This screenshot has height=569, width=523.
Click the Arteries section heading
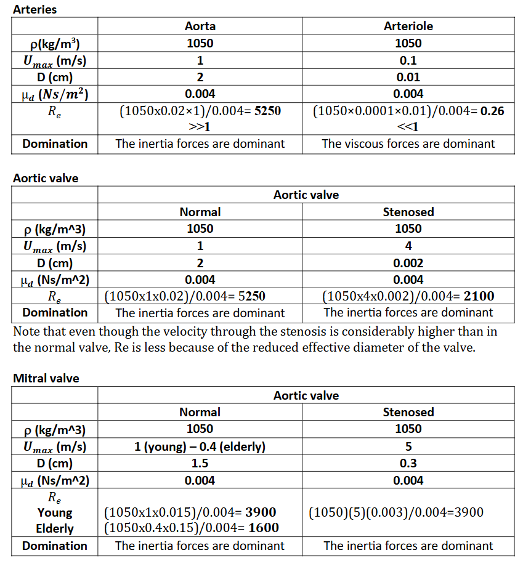pyautogui.click(x=34, y=10)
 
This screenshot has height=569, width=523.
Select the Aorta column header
pyautogui.click(x=200, y=26)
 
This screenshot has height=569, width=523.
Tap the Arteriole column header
pyautogui.click(x=408, y=26)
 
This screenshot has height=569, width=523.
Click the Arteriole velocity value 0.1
pyautogui.click(x=408, y=60)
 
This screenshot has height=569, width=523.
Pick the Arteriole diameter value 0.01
pyautogui.click(x=408, y=77)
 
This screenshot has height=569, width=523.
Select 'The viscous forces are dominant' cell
pyautogui.click(x=408, y=144)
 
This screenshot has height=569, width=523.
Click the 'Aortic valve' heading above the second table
pyautogui.click(x=46, y=178)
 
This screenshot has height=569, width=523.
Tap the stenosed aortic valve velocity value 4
pyautogui.click(x=408, y=246)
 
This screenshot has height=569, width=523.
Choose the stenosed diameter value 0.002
pyautogui.click(x=408, y=263)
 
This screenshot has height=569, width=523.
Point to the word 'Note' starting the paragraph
pyautogui.click(x=26, y=331)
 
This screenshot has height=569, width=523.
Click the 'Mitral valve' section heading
pyautogui.click(x=46, y=378)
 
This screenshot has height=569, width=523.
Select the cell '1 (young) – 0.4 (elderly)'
pyautogui.click(x=200, y=446)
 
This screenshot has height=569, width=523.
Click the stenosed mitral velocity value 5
pyautogui.click(x=408, y=446)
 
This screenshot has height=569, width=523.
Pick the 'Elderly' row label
pyautogui.click(x=55, y=528)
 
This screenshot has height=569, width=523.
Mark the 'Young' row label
pyautogui.click(x=55, y=512)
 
